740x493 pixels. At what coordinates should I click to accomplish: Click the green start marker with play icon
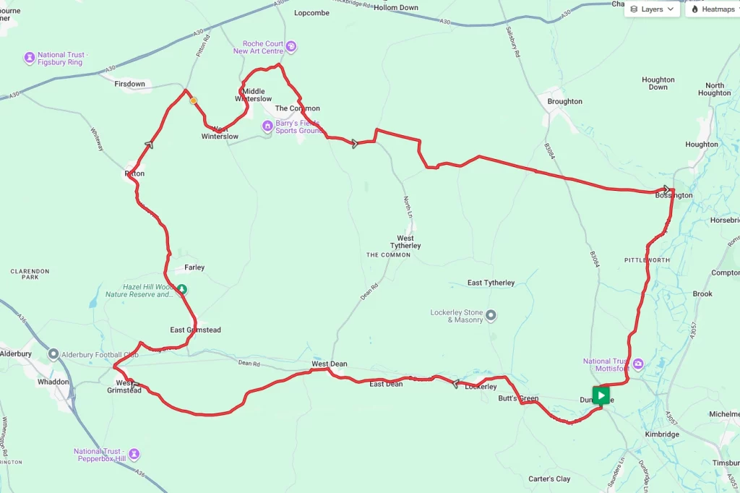(x=601, y=395)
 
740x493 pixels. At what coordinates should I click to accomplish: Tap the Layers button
(x=652, y=9)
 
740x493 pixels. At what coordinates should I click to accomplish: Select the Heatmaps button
(x=713, y=9)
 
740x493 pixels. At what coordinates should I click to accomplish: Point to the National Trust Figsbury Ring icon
(x=30, y=58)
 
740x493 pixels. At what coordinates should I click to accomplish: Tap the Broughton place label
(x=564, y=101)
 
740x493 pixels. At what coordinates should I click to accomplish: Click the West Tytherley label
(x=405, y=242)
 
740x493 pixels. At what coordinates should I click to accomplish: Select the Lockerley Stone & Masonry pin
(x=491, y=315)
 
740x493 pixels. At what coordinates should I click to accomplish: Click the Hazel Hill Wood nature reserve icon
(x=182, y=289)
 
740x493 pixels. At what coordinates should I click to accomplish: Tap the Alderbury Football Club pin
(x=53, y=354)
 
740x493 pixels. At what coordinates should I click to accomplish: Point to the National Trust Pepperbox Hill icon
(x=134, y=455)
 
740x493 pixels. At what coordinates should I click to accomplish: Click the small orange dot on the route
(x=193, y=101)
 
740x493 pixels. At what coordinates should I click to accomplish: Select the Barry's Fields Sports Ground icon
(x=267, y=127)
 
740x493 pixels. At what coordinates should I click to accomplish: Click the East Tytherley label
(x=491, y=283)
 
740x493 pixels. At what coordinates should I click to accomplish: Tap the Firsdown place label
(x=129, y=84)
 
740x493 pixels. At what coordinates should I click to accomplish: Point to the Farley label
(x=194, y=267)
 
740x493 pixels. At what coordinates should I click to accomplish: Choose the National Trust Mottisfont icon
(x=638, y=364)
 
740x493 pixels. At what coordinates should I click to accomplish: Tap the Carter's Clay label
(x=548, y=479)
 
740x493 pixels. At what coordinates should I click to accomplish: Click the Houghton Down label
(x=658, y=83)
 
